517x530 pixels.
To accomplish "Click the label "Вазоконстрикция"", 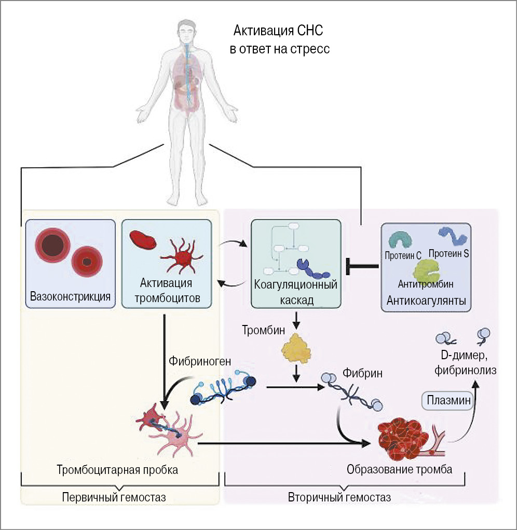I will coord(71,297).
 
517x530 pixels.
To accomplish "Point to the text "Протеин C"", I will coord(403,255).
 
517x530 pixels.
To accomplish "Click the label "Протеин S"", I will coord(449,253).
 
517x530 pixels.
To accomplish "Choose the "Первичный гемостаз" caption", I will coord(114,497).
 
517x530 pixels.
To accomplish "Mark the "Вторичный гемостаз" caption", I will coord(339,497).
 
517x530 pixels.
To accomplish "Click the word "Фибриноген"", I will coord(193,360).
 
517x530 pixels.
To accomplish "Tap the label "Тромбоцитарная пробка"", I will coord(117,470).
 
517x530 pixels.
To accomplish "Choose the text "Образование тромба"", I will coord(399,469).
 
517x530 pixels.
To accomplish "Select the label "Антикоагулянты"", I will coord(426,301).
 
